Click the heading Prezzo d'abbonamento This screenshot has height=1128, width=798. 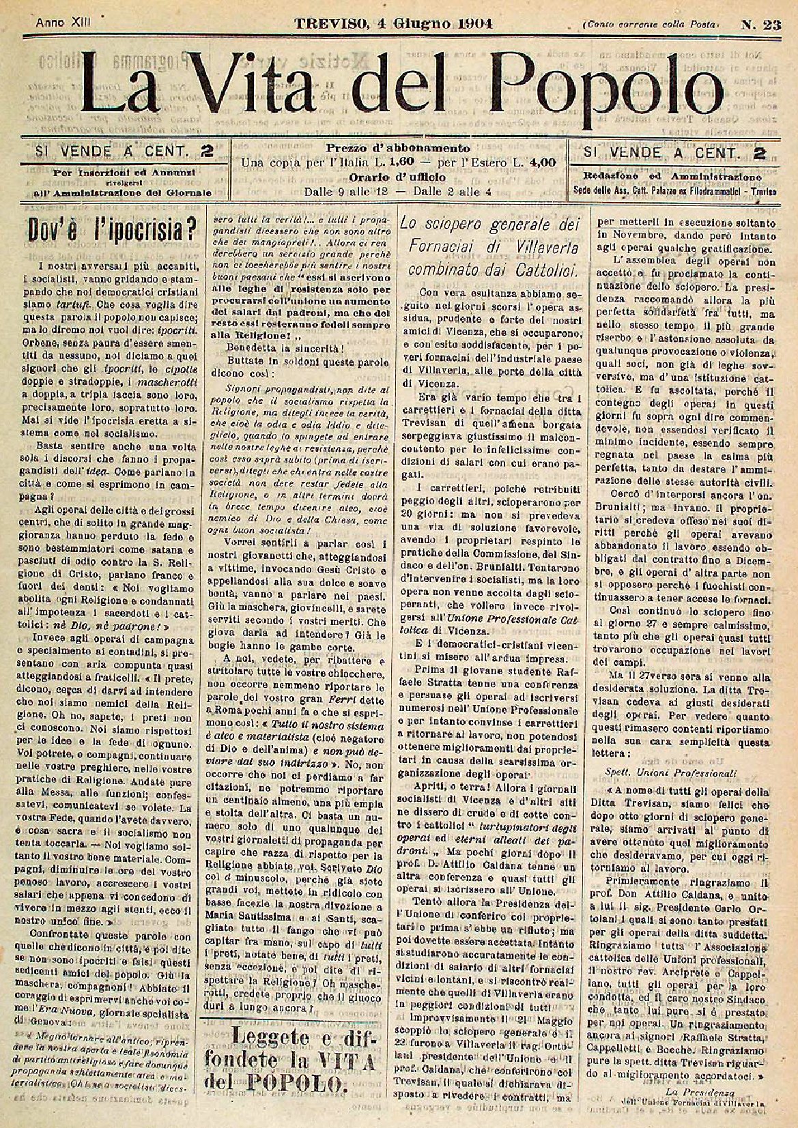click(x=397, y=148)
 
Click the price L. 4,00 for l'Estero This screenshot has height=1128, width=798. click(x=538, y=162)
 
